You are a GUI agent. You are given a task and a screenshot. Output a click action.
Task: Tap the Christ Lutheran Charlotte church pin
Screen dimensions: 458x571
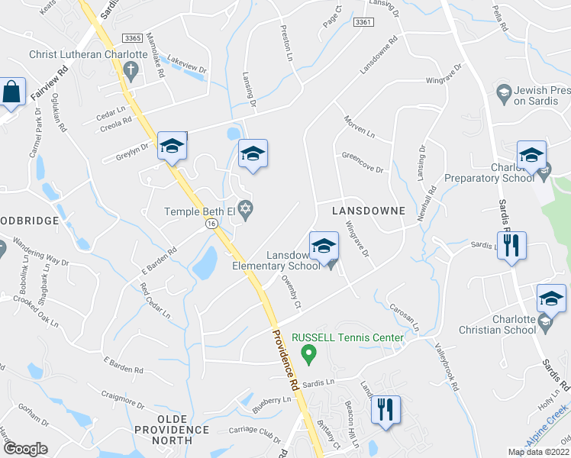click(x=131, y=73)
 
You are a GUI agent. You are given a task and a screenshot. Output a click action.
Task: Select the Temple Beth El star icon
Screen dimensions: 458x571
click(x=245, y=207)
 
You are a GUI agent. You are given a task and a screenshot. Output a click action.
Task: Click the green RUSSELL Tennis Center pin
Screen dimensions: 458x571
click(x=308, y=353)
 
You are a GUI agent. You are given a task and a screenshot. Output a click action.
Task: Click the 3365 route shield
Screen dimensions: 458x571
click(x=132, y=37)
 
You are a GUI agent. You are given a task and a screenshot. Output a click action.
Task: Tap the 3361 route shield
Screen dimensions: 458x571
click(x=363, y=23)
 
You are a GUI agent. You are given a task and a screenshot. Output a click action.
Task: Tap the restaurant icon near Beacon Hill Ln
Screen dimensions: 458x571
click(x=385, y=411)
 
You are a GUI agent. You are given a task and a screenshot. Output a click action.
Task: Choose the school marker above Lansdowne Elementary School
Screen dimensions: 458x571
click(x=324, y=247)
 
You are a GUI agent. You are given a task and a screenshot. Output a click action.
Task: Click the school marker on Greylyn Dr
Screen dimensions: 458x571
click(x=173, y=146)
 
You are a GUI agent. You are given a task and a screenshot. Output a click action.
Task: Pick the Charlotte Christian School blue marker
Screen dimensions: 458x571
click(x=550, y=298)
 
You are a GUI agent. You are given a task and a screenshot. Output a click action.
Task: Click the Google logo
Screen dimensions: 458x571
click(x=25, y=450)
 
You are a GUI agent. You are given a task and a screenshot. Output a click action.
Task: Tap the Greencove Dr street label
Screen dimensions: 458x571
click(x=362, y=166)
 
